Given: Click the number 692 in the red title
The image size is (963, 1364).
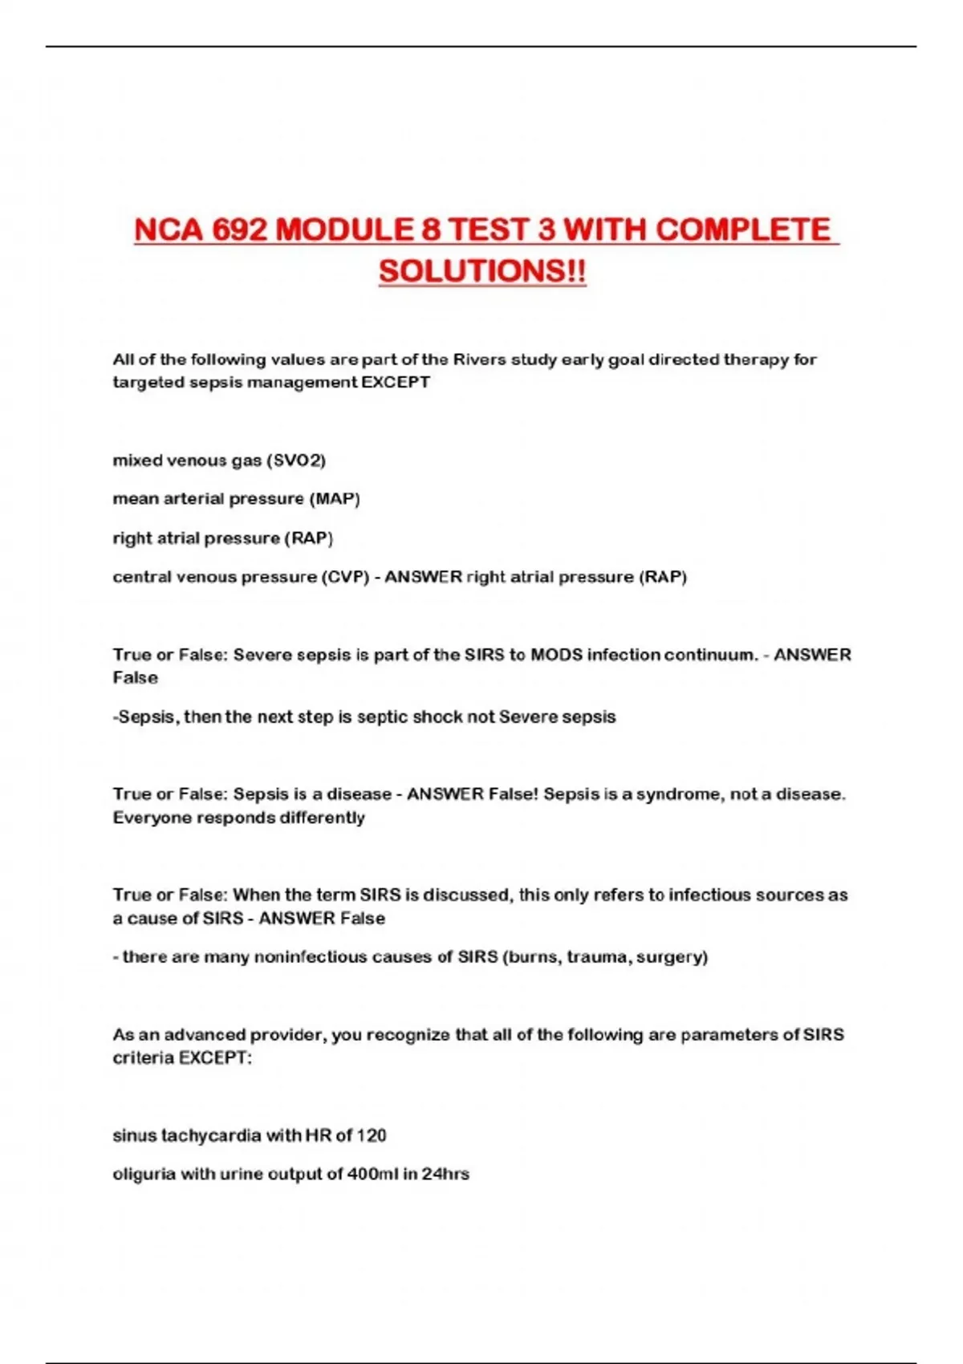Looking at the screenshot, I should click(239, 230).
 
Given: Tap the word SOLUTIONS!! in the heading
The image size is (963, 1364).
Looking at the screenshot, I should click(482, 271).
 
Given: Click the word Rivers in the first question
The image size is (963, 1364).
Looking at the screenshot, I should click(479, 359).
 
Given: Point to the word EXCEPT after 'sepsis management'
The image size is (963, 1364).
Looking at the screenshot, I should click(396, 382).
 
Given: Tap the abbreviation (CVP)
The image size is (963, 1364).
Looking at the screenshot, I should click(345, 577).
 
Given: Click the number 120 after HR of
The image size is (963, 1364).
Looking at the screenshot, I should click(372, 1135).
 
